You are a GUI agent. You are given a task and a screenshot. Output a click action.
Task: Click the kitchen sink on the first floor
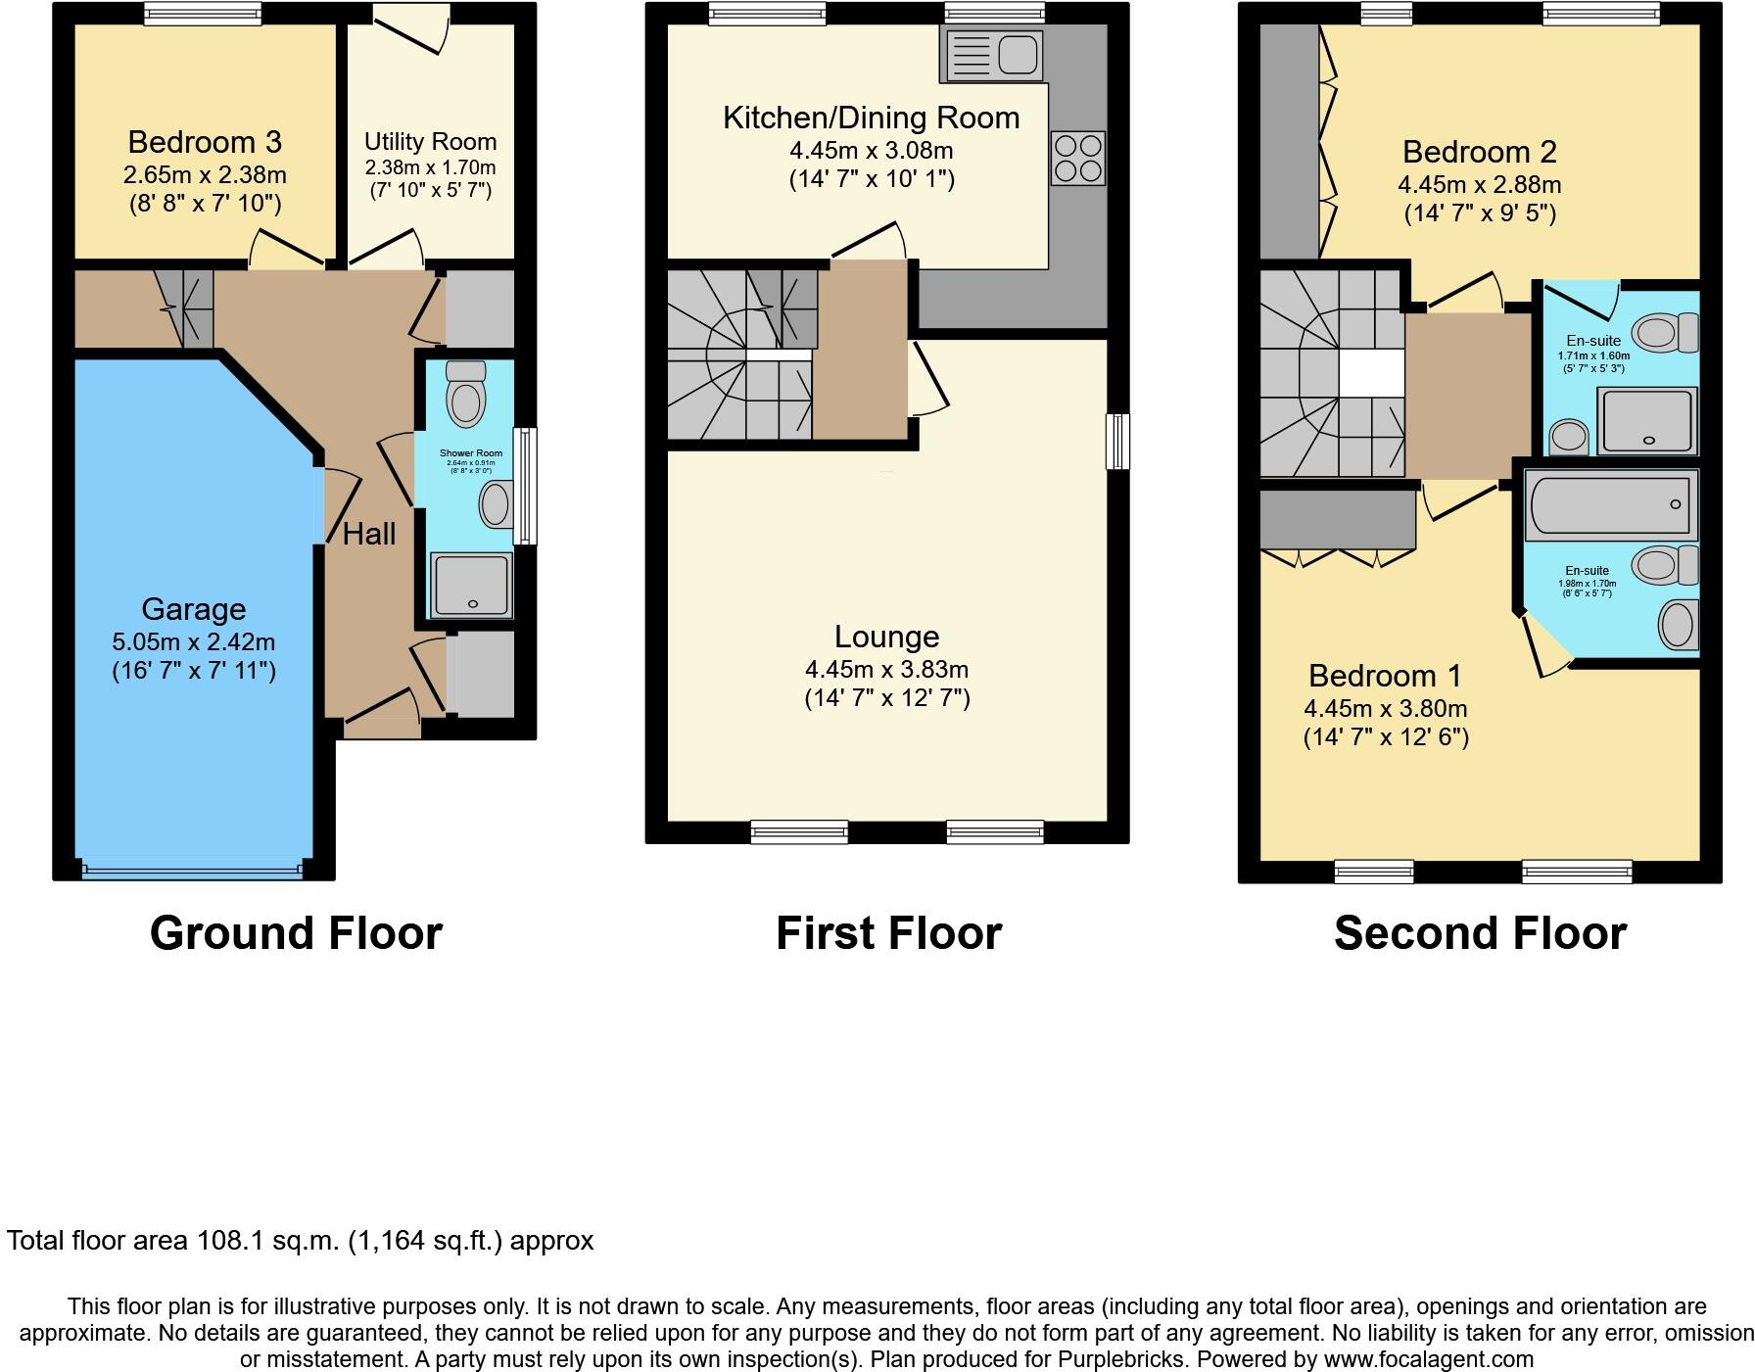pos(991,53)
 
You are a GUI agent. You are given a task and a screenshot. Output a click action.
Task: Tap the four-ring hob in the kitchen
pos(1078,159)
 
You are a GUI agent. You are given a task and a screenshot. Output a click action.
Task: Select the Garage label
pos(193,609)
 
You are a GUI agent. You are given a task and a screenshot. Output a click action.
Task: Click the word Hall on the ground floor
pos(369,534)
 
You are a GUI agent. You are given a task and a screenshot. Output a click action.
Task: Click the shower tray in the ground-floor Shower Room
pos(471,586)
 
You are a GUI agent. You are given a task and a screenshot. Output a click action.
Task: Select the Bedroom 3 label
pos(205,142)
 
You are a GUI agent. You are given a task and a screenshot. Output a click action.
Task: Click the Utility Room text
pos(430,142)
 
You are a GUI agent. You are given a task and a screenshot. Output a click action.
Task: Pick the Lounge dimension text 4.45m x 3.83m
pos(886,670)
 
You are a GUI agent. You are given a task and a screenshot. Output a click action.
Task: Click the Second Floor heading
pos(1480,933)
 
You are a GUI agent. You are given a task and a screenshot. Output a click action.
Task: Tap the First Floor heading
pos(888,933)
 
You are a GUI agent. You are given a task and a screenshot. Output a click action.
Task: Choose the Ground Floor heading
pos(296,933)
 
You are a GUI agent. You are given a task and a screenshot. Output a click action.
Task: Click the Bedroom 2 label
pos(1479,152)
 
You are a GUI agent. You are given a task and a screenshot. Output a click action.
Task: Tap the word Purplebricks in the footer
pos(1119,1359)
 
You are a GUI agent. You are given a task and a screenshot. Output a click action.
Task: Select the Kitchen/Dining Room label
pos(871,118)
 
